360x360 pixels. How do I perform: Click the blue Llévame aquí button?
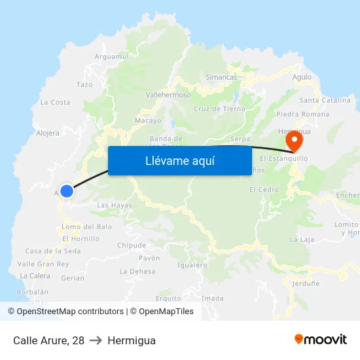179,160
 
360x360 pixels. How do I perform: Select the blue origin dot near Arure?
66,190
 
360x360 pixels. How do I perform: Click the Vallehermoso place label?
168,95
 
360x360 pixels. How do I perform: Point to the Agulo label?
302,77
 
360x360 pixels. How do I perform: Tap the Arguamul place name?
112,57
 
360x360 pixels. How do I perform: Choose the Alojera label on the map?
47,133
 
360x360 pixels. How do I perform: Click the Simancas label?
221,77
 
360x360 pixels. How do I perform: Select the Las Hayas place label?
115,206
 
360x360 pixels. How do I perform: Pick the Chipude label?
132,245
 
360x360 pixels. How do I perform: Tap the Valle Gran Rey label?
44,264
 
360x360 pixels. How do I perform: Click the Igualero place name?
192,265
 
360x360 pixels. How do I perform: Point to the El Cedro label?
264,190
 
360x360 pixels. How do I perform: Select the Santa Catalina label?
325,100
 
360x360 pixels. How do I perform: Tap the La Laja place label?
302,240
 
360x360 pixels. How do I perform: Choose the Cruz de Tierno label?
220,109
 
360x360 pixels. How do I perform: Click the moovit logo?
321,340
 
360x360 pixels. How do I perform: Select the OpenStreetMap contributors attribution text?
65,312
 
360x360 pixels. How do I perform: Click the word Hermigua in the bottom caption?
132,340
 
